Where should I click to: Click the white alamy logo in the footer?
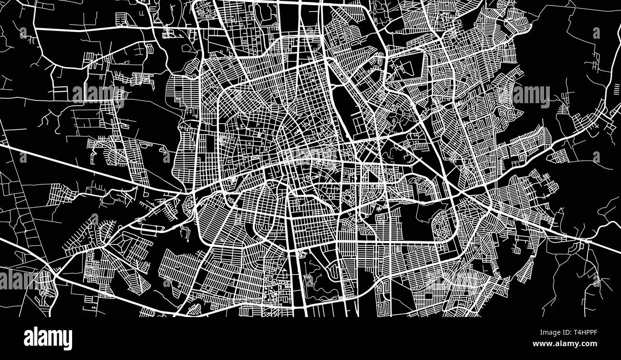coord(48,338)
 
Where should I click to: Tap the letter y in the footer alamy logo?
coord(68,339)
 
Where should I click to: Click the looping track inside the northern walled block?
coord(404,67)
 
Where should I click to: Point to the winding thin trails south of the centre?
coord(315,277)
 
